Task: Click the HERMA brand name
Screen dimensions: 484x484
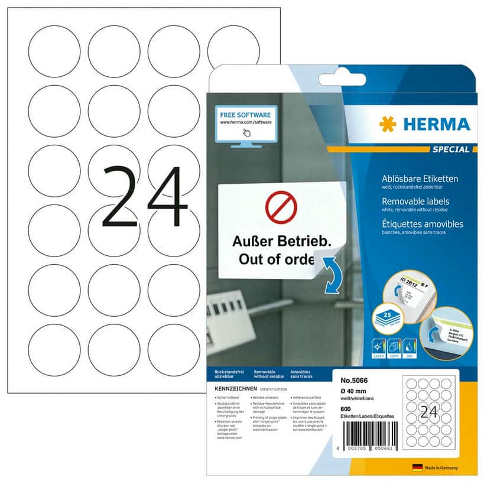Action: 436,124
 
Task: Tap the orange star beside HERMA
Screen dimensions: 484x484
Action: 388,124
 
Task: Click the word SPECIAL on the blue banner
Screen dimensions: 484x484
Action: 451,150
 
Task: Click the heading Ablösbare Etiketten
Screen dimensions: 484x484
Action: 421,178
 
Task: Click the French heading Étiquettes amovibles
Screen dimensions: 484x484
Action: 423,224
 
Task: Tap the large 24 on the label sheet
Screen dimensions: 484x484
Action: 145,197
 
